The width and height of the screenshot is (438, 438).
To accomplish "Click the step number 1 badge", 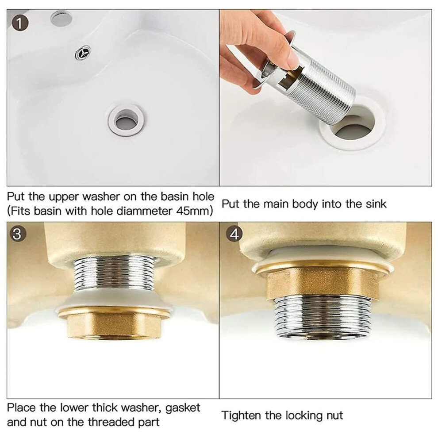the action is pyautogui.click(x=20, y=23).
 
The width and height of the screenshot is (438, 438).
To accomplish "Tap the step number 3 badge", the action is pyautogui.click(x=17, y=234).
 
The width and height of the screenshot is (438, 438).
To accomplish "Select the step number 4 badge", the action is pyautogui.click(x=234, y=234).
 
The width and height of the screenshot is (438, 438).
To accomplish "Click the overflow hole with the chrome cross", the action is pyautogui.click(x=83, y=53).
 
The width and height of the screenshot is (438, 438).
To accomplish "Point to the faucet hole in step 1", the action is pyautogui.click(x=61, y=19).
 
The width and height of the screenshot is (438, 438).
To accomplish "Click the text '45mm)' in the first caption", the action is pyautogui.click(x=194, y=211).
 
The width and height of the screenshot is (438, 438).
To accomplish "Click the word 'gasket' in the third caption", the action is pyautogui.click(x=183, y=408).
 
